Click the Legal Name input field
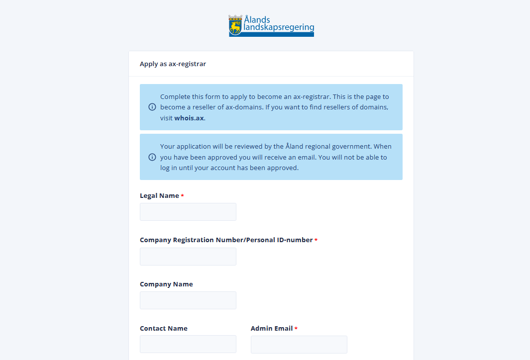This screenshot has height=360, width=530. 188,212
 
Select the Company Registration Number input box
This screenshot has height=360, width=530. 188,257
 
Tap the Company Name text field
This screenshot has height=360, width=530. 188,300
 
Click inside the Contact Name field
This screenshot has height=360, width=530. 188,344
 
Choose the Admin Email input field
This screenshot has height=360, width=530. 299,344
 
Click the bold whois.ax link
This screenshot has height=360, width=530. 189,118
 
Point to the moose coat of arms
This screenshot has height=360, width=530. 235,25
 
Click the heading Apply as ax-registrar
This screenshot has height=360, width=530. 173,64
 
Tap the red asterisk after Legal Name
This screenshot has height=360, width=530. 183,196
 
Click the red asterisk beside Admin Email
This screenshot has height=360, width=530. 296,329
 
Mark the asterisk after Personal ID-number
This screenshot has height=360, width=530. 316,241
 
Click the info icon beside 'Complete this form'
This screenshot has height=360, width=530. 152,107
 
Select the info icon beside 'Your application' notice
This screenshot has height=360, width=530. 152,157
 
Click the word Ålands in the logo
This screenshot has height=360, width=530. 257,20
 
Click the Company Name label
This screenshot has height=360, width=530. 166,284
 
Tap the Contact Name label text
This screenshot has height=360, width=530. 164,329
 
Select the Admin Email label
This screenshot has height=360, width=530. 272,329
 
